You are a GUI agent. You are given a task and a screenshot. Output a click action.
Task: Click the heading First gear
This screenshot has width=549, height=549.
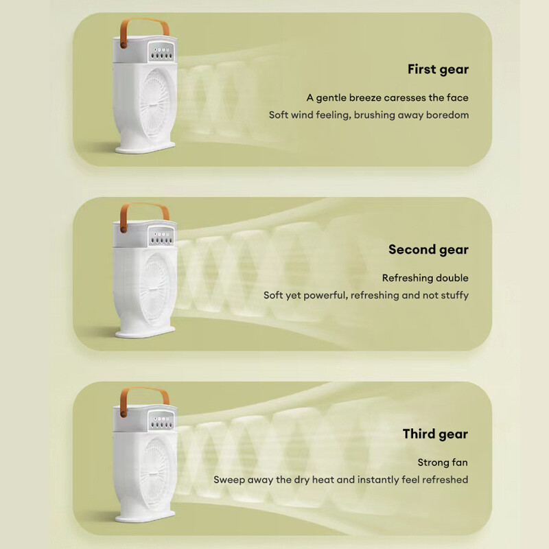[438, 70]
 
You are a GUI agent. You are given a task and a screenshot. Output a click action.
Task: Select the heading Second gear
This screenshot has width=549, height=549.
[428, 250]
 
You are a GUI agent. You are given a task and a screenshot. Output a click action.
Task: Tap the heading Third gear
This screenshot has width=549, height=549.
[435, 434]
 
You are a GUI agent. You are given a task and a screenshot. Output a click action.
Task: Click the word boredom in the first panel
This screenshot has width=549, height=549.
[447, 115]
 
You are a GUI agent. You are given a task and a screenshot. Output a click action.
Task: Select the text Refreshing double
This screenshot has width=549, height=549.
[425, 278]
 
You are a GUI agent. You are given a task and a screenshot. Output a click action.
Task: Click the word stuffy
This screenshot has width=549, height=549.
[455, 296]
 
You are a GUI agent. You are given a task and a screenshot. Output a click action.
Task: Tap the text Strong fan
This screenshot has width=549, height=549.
[443, 463]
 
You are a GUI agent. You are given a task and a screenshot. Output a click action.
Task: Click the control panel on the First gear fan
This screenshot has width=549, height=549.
[161, 51]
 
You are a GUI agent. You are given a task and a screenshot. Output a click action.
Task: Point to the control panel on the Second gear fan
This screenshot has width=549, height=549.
[161, 236]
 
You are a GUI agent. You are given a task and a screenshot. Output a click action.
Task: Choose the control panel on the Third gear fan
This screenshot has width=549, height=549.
[161, 421]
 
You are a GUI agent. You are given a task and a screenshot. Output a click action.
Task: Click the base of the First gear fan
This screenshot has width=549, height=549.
[145, 148]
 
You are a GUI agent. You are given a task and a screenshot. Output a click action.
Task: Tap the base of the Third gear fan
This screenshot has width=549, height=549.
[145, 517]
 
